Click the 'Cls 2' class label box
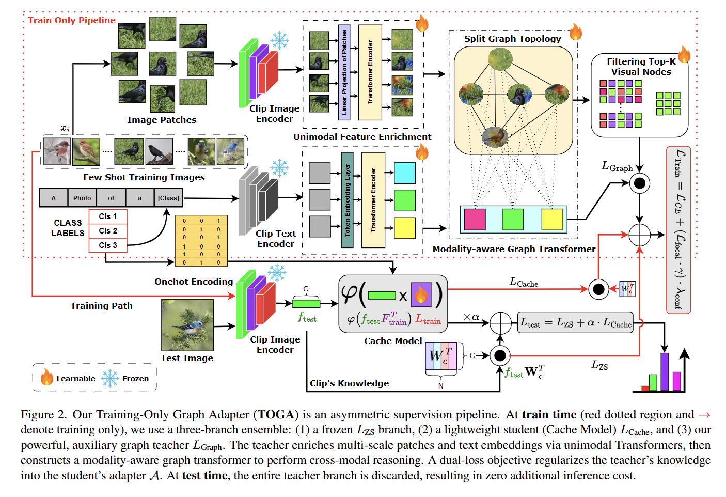(x=108, y=231)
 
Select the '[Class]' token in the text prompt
(x=168, y=198)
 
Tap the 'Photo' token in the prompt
(x=82, y=198)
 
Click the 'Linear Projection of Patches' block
(x=344, y=73)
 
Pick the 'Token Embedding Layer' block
(x=347, y=200)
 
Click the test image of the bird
(x=187, y=325)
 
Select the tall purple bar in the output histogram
(x=665, y=372)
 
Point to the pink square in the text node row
(x=475, y=220)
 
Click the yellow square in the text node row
(x=553, y=220)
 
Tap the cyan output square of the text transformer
(x=405, y=173)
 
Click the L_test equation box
(x=576, y=322)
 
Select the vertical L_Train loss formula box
(x=678, y=230)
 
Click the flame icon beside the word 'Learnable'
(x=46, y=377)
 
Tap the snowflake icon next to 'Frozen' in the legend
(x=110, y=378)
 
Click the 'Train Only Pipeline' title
(x=72, y=20)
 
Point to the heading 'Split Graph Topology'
(x=512, y=39)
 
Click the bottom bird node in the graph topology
(x=495, y=137)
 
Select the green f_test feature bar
(x=306, y=304)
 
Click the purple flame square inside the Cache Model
(x=421, y=294)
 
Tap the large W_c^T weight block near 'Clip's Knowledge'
(x=441, y=355)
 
